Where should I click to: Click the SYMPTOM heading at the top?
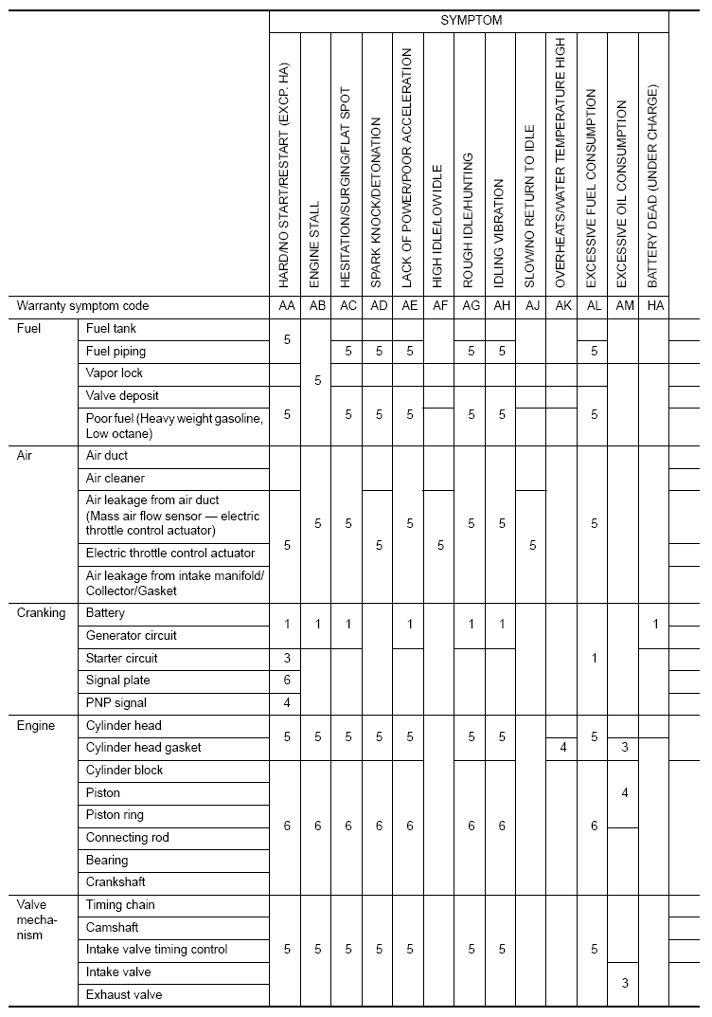(471, 20)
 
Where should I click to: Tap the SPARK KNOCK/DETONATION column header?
(377, 203)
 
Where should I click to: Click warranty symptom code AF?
(438, 306)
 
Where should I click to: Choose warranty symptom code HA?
(653, 306)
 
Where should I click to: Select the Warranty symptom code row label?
(83, 306)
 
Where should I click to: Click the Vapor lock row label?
(114, 373)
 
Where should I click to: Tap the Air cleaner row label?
(116, 479)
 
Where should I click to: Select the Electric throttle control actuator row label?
(170, 553)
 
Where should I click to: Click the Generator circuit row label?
(131, 635)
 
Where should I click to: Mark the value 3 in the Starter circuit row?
(287, 658)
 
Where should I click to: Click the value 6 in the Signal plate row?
(287, 681)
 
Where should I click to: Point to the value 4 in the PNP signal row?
(287, 703)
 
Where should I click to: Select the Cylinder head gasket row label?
(143, 748)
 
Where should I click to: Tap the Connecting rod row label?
(128, 838)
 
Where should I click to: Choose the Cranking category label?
(42, 613)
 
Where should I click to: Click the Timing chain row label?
(120, 905)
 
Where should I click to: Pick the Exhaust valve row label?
(124, 994)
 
